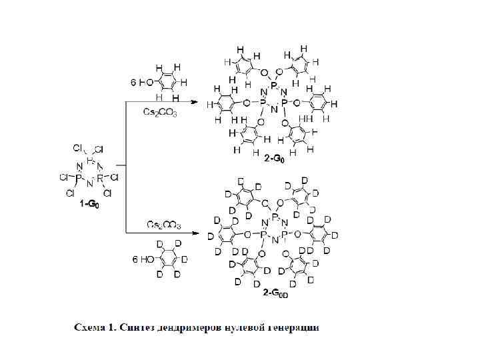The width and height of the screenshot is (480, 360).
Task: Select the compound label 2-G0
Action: point(273,159)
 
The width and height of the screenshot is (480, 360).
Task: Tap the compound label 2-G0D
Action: point(275,293)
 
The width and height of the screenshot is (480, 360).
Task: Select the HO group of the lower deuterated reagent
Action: point(144,259)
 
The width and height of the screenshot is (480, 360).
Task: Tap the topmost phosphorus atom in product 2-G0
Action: point(273,83)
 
